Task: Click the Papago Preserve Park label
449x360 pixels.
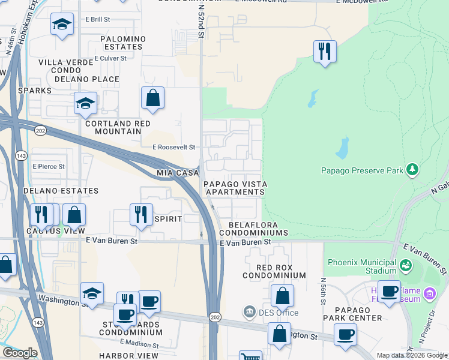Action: (362, 170)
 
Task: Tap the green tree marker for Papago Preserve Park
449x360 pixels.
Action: (412, 170)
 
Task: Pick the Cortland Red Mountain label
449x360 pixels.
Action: (118, 127)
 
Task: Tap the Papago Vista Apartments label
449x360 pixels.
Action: (235, 188)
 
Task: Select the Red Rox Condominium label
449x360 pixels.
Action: (274, 271)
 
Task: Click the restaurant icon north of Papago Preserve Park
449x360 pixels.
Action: (325, 51)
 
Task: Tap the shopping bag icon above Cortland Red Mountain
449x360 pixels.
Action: (153, 98)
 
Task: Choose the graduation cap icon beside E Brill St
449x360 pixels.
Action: (61, 25)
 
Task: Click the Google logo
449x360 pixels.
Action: (20, 353)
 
